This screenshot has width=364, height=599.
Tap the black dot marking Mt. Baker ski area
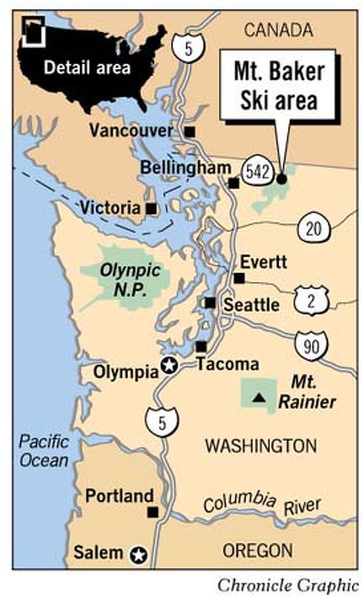tap(281, 179)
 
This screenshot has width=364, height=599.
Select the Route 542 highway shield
tap(258, 172)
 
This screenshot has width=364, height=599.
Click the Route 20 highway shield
tap(313, 229)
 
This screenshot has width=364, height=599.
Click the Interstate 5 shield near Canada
tap(188, 48)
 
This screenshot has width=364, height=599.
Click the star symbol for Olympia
tap(169, 366)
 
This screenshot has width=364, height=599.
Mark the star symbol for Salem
tap(139, 555)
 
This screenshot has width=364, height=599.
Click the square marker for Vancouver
tap(190, 132)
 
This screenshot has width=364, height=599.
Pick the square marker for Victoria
tap(151, 208)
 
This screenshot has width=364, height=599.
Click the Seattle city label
tap(251, 305)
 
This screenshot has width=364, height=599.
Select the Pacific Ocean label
tap(44, 451)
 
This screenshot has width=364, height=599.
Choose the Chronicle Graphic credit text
tap(288, 585)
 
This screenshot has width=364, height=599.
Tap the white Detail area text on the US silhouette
tap(87, 67)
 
